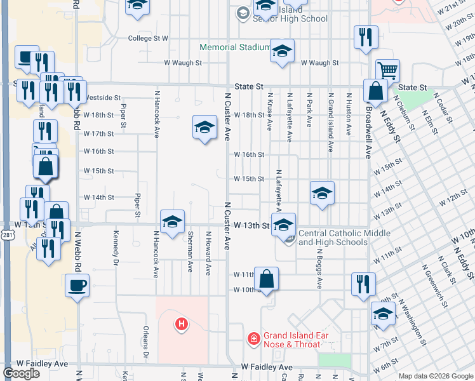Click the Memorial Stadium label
[234, 47]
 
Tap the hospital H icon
[182, 324]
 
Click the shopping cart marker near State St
[387, 70]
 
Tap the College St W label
[148, 38]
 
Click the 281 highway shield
[5, 236]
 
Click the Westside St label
[102, 98]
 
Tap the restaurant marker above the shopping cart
[366, 37]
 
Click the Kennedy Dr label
[116, 244]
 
